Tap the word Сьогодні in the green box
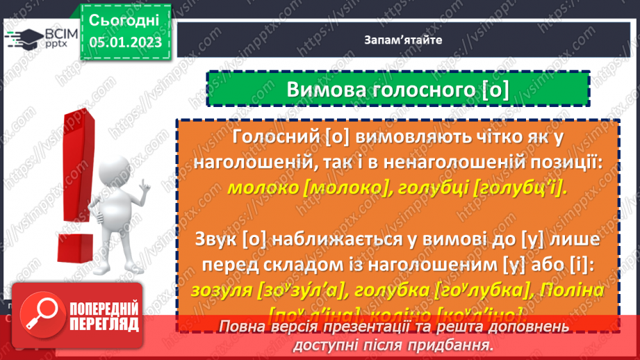coord(125,20)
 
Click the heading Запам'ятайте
coord(402,40)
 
